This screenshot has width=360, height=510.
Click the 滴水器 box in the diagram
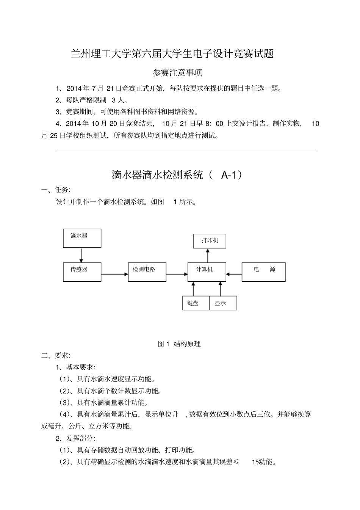pos(82,238)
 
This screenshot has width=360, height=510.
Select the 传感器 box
pos(82,271)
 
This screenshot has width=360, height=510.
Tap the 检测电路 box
pos(147,271)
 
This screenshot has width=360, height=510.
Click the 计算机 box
pos(207,271)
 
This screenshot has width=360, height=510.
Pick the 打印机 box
pos(210,241)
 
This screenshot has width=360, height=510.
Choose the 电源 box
pos(263,271)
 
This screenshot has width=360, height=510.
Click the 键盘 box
pos(196,303)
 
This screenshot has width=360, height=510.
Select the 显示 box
pos(223,303)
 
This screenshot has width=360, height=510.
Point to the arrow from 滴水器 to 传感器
pos(81,255)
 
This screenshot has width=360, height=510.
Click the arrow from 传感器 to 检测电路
pos(114,274)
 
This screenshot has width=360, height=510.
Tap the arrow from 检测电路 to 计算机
pos(177,274)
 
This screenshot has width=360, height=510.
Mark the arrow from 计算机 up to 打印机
pos(207,255)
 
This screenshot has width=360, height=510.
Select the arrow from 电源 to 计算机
pos(234,274)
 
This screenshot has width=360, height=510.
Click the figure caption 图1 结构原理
pos(179,344)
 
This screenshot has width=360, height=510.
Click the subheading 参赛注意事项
pos(177,72)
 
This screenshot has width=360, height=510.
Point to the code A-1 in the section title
pos(228,175)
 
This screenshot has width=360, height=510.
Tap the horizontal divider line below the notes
pos(186,151)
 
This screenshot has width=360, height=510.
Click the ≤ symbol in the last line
pos(235,462)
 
